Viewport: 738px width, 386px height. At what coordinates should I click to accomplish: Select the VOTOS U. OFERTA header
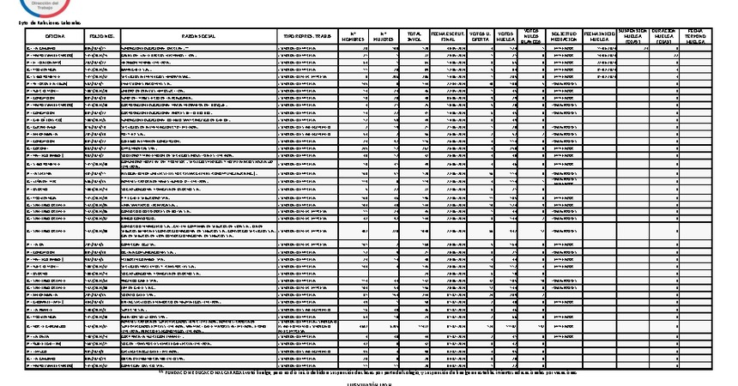pyautogui.click(x=482, y=36)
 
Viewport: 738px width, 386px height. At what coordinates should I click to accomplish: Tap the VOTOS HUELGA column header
pyautogui.click(x=507, y=36)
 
